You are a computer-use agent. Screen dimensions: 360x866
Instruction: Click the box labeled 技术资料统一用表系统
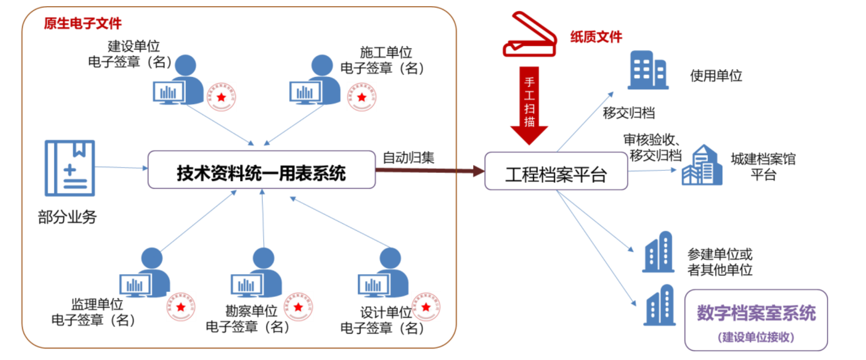tap(261, 170)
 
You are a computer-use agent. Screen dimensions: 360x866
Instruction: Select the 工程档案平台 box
tap(556, 171)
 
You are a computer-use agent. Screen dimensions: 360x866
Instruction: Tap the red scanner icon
tap(530, 35)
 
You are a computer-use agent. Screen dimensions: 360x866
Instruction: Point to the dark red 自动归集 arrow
tap(429, 170)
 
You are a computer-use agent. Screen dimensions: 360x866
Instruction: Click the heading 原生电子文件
tap(83, 23)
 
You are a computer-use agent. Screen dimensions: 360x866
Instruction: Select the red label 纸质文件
tap(596, 37)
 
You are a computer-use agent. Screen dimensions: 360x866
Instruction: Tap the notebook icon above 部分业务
tap(70, 168)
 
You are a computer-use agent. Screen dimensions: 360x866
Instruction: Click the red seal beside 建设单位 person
tap(221, 97)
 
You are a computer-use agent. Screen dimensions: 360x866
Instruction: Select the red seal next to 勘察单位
tap(298, 307)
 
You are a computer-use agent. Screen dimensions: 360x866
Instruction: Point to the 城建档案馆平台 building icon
tap(702, 166)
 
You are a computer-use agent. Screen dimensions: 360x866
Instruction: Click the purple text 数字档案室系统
tap(756, 313)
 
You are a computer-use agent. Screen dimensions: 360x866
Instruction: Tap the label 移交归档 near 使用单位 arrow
tap(629, 113)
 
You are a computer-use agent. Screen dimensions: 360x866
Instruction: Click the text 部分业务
tap(67, 217)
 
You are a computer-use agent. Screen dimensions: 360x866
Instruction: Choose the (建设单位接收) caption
tap(756, 337)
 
